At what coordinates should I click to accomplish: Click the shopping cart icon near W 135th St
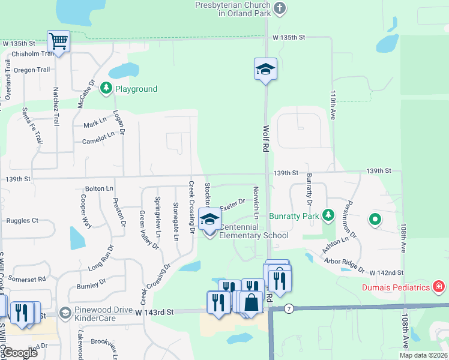[x=58, y=41]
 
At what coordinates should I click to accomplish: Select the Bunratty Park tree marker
[x=328, y=215]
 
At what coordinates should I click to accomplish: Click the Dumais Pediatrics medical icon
[x=440, y=287]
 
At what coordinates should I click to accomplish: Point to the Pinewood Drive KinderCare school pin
[x=65, y=313]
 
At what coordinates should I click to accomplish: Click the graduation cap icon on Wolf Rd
[x=265, y=69]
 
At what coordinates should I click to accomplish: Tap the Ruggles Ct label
[x=22, y=221]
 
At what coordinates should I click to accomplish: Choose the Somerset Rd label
[x=27, y=279]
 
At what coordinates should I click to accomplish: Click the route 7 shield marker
[x=289, y=308]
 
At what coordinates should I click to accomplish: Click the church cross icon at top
[x=279, y=8]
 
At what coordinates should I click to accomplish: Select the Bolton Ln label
[x=99, y=188]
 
